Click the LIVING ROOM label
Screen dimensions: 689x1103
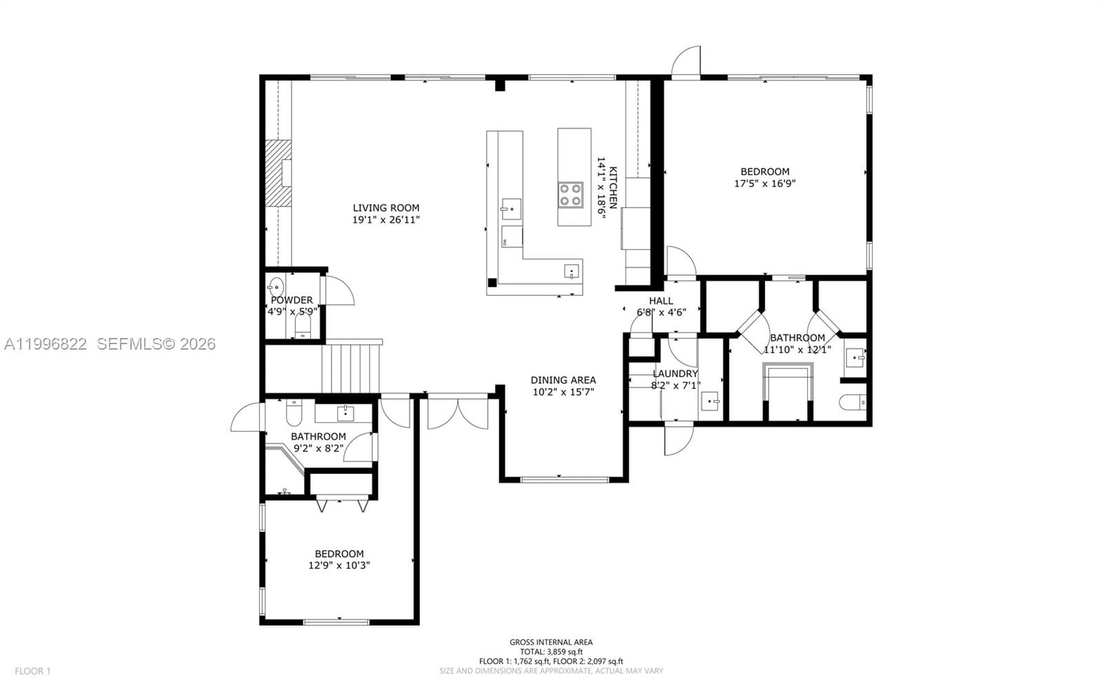tap(385, 208)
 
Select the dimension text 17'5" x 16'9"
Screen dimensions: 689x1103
tap(765, 183)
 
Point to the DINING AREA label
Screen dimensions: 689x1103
tap(563, 380)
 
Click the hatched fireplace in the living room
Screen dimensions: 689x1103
tap(279, 172)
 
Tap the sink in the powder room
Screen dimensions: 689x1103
tap(276, 286)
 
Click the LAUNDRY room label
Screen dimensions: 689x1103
tap(675, 374)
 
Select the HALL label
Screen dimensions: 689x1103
tap(660, 301)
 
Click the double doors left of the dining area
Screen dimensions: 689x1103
tap(457, 412)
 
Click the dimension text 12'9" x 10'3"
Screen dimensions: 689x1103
tap(339, 566)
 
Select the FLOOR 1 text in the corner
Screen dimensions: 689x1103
tap(33, 670)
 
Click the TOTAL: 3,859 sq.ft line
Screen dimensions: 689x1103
tap(551, 652)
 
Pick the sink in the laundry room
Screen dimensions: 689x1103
tap(709, 401)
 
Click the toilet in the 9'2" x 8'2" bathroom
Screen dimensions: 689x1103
tap(292, 412)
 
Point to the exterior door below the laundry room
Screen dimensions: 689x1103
tap(678, 439)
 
